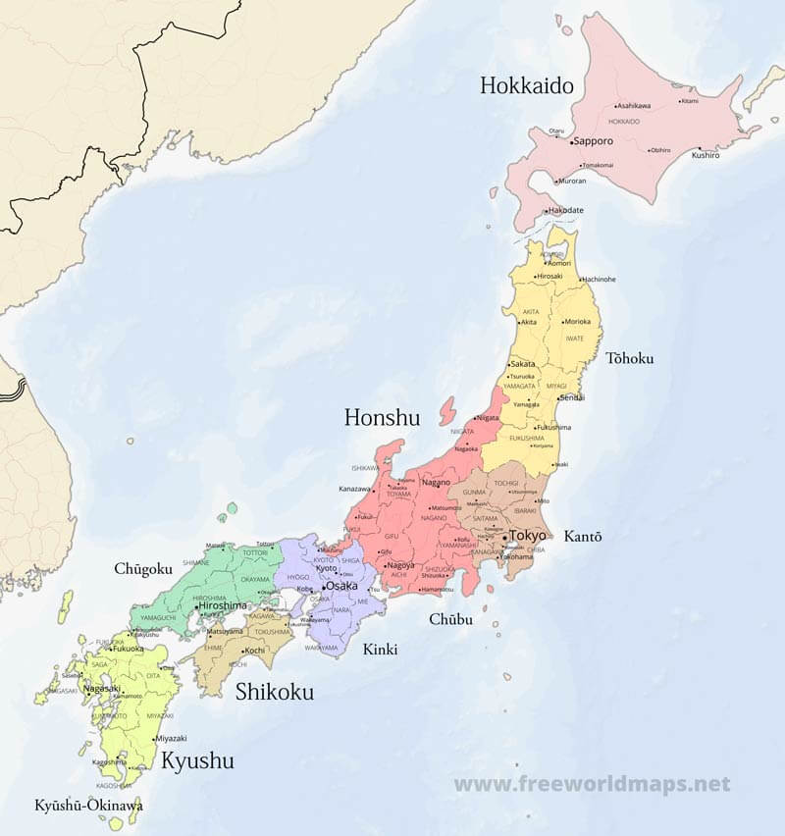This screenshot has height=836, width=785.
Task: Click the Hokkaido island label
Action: click(x=526, y=85)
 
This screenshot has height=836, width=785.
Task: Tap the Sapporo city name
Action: click(x=594, y=141)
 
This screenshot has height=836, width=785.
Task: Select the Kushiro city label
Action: click(x=706, y=155)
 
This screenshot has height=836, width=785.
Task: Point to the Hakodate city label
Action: click(x=566, y=210)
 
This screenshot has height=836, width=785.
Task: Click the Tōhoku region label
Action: click(x=629, y=358)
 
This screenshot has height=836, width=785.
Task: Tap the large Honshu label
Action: click(x=382, y=418)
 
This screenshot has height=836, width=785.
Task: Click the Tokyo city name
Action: click(x=527, y=536)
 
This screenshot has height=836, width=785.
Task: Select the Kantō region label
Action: click(x=583, y=537)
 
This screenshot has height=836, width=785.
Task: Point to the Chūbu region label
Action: click(x=450, y=619)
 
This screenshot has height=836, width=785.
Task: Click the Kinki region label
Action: click(x=381, y=649)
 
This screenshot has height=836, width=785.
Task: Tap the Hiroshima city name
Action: click(x=223, y=606)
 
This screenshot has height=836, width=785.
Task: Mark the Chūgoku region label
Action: click(x=143, y=569)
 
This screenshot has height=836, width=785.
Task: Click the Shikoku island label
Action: click(x=275, y=692)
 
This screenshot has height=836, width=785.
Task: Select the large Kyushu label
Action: click(x=197, y=760)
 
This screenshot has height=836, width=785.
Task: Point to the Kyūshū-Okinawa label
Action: click(x=88, y=806)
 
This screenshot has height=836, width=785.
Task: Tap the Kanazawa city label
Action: click(x=355, y=488)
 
